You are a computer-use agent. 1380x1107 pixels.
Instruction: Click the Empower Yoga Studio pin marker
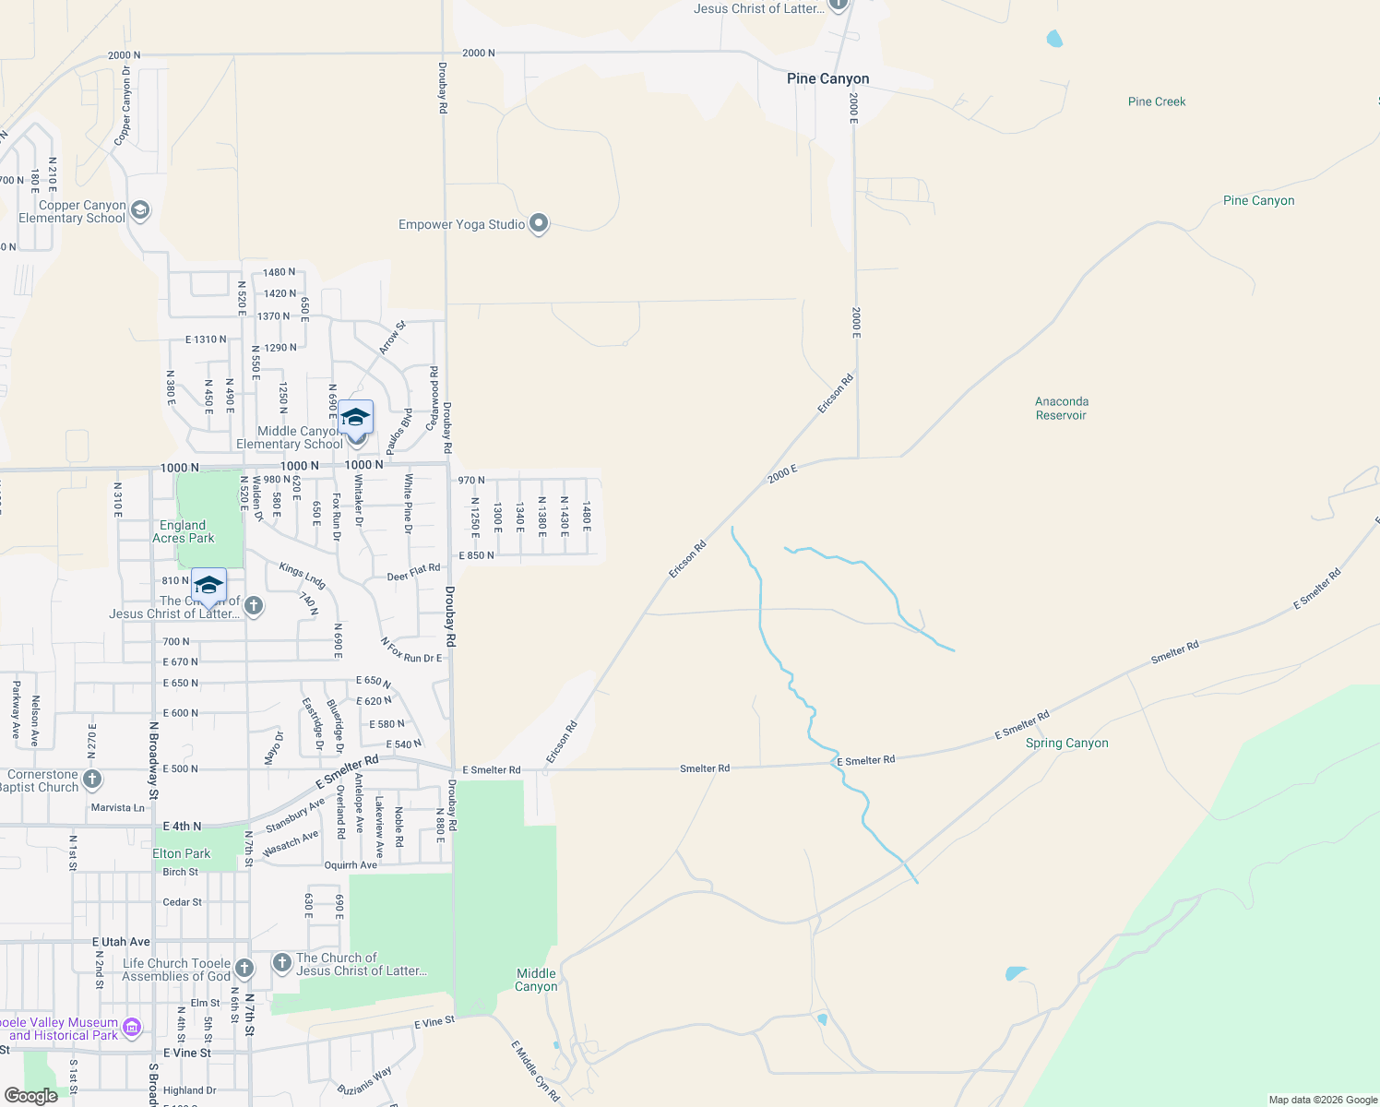coord(539,223)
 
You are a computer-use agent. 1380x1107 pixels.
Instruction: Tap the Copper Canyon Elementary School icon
coord(140,211)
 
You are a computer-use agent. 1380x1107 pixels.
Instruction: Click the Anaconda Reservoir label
coord(1061,409)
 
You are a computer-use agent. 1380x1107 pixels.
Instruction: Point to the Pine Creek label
coord(1157,101)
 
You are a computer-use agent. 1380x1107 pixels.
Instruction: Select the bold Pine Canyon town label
coord(827,79)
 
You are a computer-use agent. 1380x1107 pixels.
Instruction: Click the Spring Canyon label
coord(1066,744)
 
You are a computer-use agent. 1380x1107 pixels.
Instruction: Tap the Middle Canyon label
coord(536,980)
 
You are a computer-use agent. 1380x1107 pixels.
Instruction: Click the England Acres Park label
coord(183,531)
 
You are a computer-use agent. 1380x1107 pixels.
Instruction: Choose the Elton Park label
coord(181,854)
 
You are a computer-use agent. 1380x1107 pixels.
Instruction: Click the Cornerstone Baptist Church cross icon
coord(92,780)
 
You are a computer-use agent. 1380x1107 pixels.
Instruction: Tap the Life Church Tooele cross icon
coord(244,968)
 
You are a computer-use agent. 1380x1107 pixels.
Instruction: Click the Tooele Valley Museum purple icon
coord(132,1028)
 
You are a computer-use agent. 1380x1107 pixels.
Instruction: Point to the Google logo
coord(30,1096)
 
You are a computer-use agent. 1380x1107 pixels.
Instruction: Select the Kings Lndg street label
coord(303,576)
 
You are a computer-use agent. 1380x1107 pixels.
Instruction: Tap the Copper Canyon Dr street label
coord(123,105)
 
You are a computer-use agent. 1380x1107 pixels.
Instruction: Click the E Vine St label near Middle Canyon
coord(434,1022)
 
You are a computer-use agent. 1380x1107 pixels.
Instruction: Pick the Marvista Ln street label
coord(117,808)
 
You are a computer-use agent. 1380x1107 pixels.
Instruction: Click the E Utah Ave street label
coord(121,942)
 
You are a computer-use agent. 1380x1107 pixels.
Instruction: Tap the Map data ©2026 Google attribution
coord(1323,1100)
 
